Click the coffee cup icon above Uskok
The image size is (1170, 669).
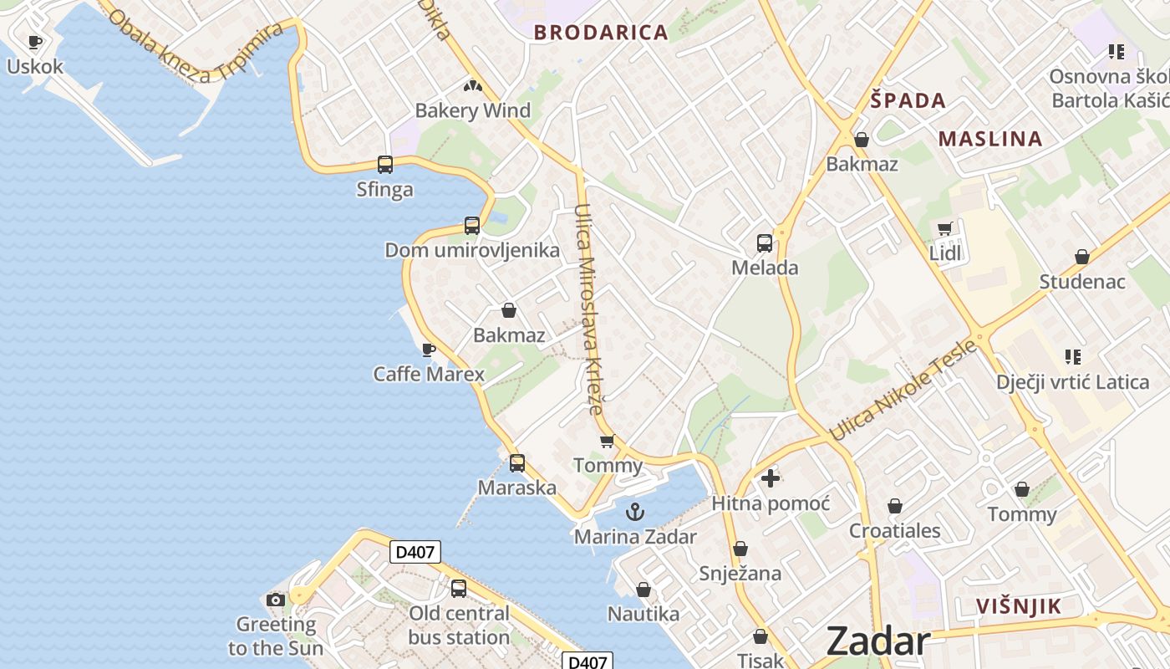(35, 42)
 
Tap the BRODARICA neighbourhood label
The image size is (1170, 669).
(601, 33)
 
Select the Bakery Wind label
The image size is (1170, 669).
(473, 110)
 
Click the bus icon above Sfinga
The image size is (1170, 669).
(385, 165)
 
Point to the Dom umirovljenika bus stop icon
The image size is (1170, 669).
(472, 225)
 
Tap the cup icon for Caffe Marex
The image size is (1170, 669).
(429, 350)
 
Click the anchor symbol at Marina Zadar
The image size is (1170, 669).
(636, 511)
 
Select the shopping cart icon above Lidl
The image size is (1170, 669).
(945, 228)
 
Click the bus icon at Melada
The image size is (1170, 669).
(765, 243)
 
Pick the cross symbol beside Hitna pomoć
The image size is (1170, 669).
(771, 478)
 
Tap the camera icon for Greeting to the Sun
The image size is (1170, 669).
(275, 600)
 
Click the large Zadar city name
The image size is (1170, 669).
(877, 641)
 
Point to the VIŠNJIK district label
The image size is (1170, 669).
(1019, 606)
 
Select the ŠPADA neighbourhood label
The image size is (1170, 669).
(908, 100)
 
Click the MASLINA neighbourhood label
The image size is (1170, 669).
(990, 139)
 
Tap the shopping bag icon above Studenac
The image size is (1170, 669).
(1082, 257)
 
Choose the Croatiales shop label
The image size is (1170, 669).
(895, 531)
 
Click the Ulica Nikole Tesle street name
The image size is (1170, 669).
(903, 391)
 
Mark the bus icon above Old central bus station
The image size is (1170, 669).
(459, 588)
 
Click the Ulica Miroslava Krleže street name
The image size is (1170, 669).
(589, 309)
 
